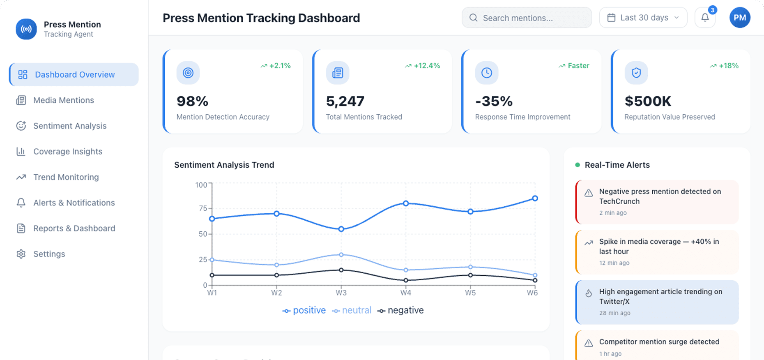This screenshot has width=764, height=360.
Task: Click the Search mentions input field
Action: pos(527,18)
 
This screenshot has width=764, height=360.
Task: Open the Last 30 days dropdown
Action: pos(643,18)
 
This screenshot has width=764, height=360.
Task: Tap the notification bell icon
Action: pos(705,18)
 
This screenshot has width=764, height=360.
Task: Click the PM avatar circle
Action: pos(739,18)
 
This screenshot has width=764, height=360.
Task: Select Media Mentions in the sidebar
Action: pos(64,100)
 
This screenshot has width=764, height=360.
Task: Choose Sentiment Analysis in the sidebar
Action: pos(69,126)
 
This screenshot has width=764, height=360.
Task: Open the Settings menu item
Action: pos(49,254)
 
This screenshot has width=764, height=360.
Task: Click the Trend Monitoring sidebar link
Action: pos(66,177)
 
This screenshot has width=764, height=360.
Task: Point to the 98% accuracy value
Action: pos(192,101)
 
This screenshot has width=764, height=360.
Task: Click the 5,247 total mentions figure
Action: pos(345,101)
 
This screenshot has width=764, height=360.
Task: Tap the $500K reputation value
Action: pos(648,101)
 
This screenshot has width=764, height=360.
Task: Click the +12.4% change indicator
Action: pos(426,66)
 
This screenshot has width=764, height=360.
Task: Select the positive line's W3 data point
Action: pos(341,229)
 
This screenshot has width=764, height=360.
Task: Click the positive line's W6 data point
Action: pos(535,198)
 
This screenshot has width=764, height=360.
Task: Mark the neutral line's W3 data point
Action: pos(341,255)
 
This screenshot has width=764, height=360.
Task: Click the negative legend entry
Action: pos(401,310)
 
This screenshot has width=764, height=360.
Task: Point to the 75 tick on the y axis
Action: pos(203,208)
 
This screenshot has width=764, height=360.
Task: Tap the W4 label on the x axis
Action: pos(405,293)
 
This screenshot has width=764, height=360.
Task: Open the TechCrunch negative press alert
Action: pos(657,202)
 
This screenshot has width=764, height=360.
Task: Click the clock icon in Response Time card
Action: pos(486,73)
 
